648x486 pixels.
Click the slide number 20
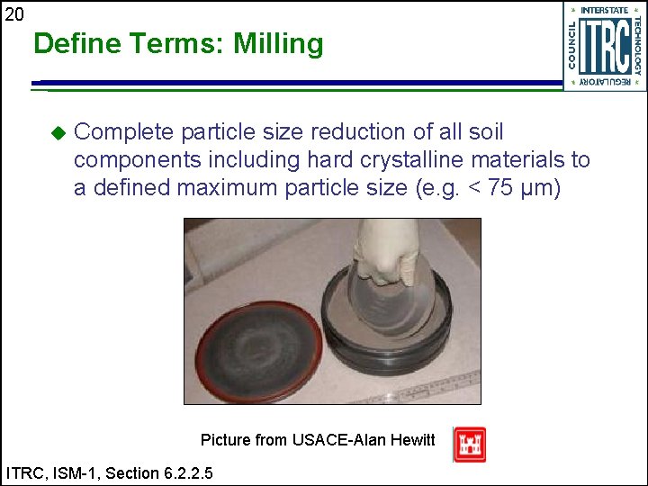14,13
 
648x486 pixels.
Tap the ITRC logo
604,46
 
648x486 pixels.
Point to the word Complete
123,132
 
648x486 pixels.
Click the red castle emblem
470,445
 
